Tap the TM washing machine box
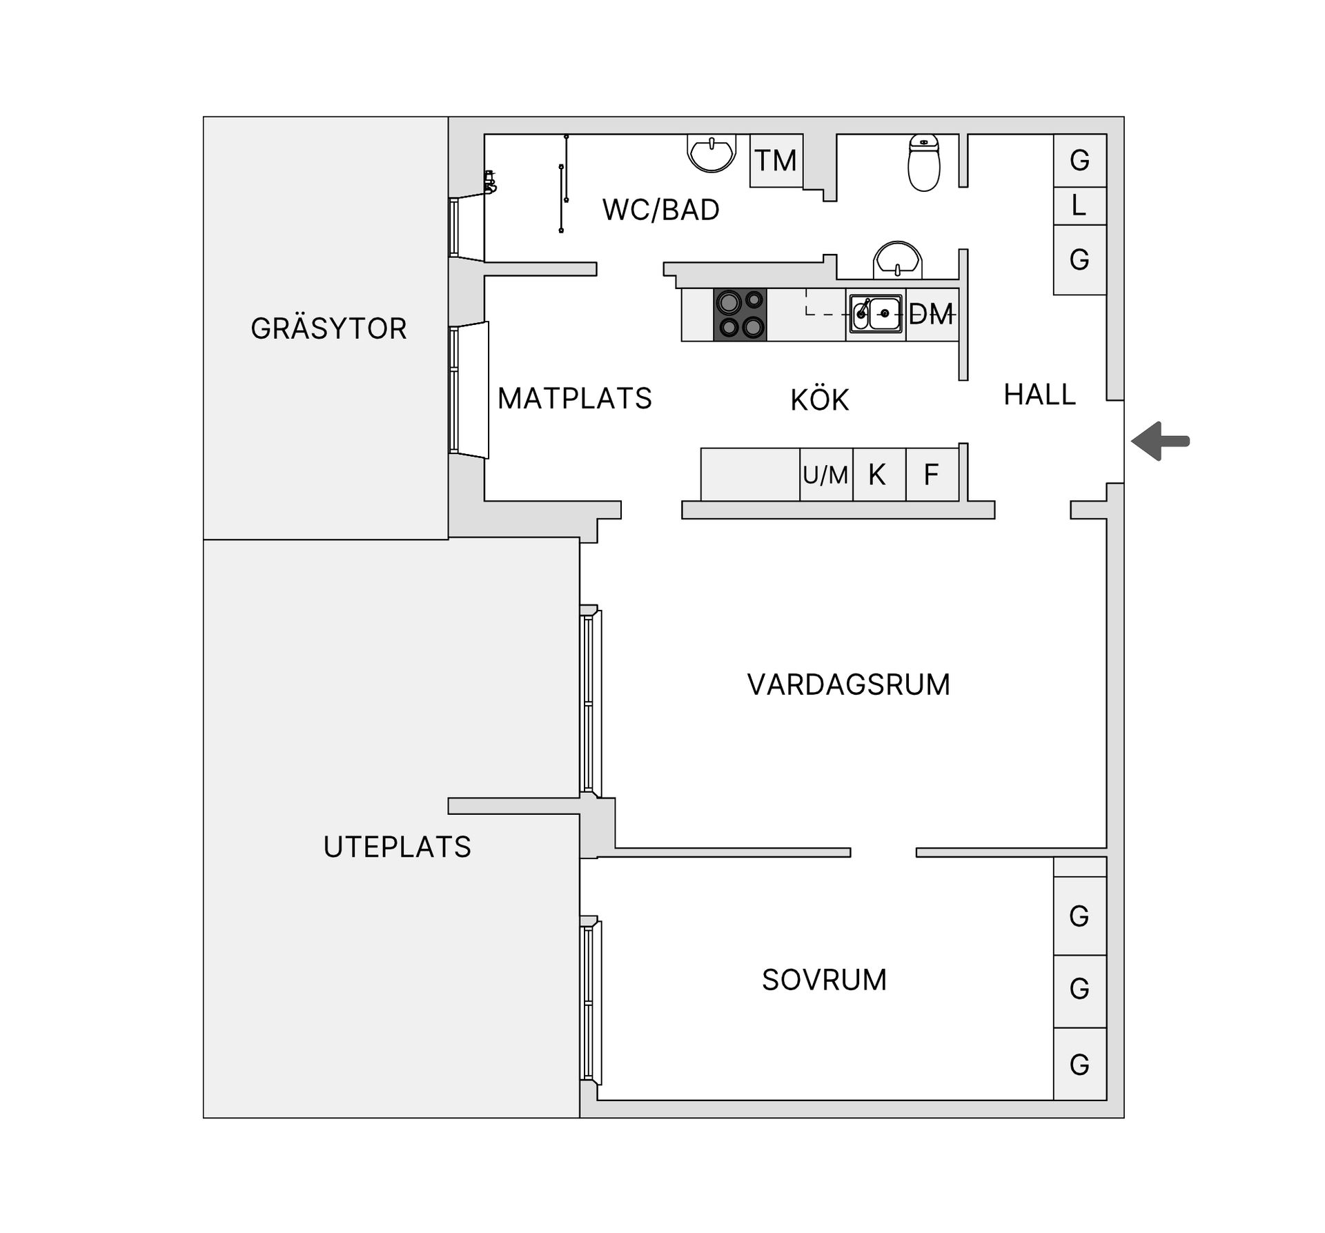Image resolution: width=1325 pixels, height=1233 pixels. click(776, 161)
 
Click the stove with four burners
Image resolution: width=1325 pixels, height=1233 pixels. click(740, 315)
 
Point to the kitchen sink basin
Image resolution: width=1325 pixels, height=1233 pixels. click(884, 314)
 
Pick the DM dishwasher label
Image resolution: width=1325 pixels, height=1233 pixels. click(932, 315)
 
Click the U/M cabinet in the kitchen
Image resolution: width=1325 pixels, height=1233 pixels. click(826, 475)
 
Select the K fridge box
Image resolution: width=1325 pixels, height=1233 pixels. click(878, 475)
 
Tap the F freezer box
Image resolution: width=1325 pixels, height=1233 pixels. click(932, 475)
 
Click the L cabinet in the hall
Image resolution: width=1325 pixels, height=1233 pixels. click(1079, 206)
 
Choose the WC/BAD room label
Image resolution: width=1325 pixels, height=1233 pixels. click(661, 210)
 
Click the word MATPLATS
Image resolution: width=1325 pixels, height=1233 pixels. click(575, 399)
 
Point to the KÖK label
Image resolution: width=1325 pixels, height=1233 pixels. click(820, 400)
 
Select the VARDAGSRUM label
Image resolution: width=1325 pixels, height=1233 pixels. click(849, 685)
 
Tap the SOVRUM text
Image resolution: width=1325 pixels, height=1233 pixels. click(824, 980)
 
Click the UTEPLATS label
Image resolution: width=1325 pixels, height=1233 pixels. click(397, 847)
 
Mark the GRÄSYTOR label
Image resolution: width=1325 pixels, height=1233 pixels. click(328, 328)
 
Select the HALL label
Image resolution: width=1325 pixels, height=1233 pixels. click(1039, 395)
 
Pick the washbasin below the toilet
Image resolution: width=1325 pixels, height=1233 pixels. click(897, 261)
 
